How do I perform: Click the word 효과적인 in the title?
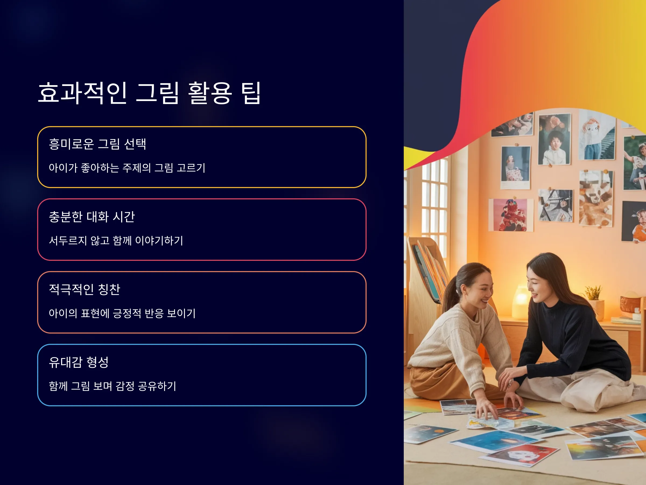pos(83,93)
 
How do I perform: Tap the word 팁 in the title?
pos(251,93)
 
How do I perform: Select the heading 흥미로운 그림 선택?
pos(97,144)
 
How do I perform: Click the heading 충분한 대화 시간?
pos(92,217)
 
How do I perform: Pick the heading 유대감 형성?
pos(79,362)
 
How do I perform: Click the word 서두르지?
pos(68,241)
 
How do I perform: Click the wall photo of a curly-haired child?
pos(554,140)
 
